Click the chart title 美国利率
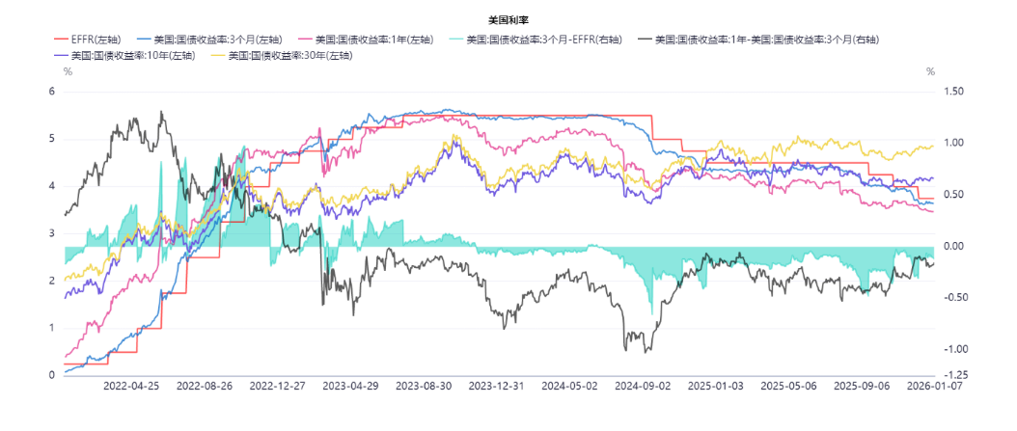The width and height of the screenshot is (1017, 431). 508,19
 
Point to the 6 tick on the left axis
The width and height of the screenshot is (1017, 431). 52,92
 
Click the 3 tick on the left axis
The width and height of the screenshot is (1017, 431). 52,233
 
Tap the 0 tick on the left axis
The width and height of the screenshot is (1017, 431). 52,375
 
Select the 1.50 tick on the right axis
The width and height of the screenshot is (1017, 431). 952,92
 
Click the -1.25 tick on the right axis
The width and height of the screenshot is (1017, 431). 950,375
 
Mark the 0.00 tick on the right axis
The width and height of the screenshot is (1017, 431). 952,247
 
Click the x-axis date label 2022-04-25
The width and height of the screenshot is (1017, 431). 130,386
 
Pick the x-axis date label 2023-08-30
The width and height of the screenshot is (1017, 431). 425,386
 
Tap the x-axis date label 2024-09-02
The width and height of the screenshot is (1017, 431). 644,386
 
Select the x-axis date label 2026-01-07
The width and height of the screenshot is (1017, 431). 933,386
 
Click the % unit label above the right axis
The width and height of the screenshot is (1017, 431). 930,72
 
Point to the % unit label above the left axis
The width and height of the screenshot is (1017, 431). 68,72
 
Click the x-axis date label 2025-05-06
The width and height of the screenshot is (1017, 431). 788,386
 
